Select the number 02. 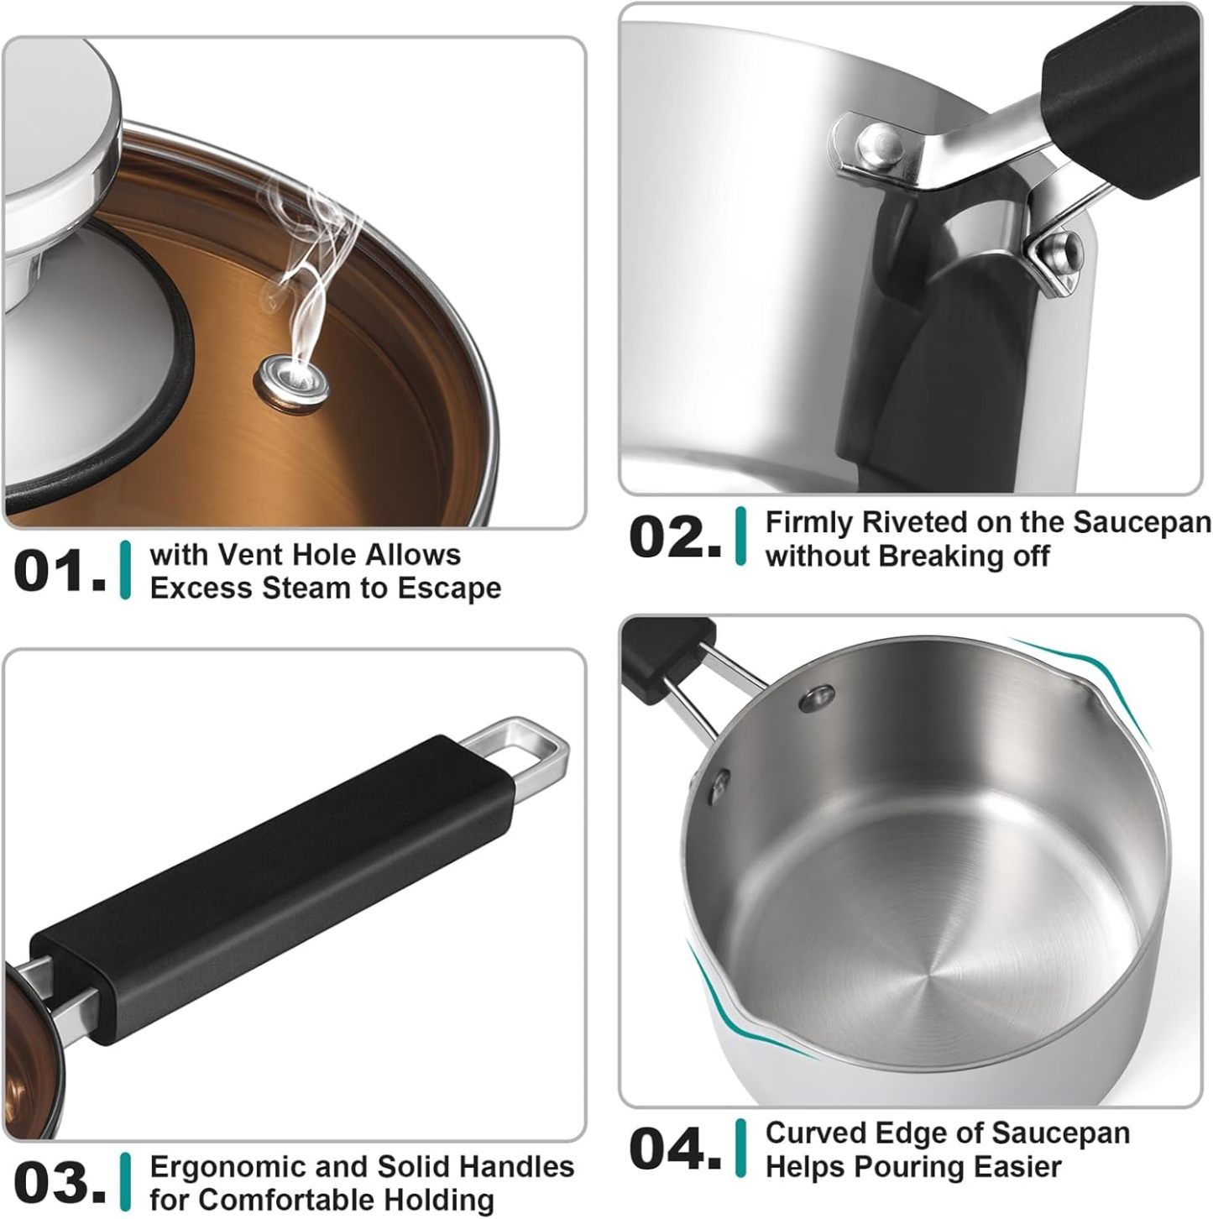(674, 537)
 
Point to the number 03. (59, 1182)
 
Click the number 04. (674, 1148)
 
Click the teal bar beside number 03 (126, 1182)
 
